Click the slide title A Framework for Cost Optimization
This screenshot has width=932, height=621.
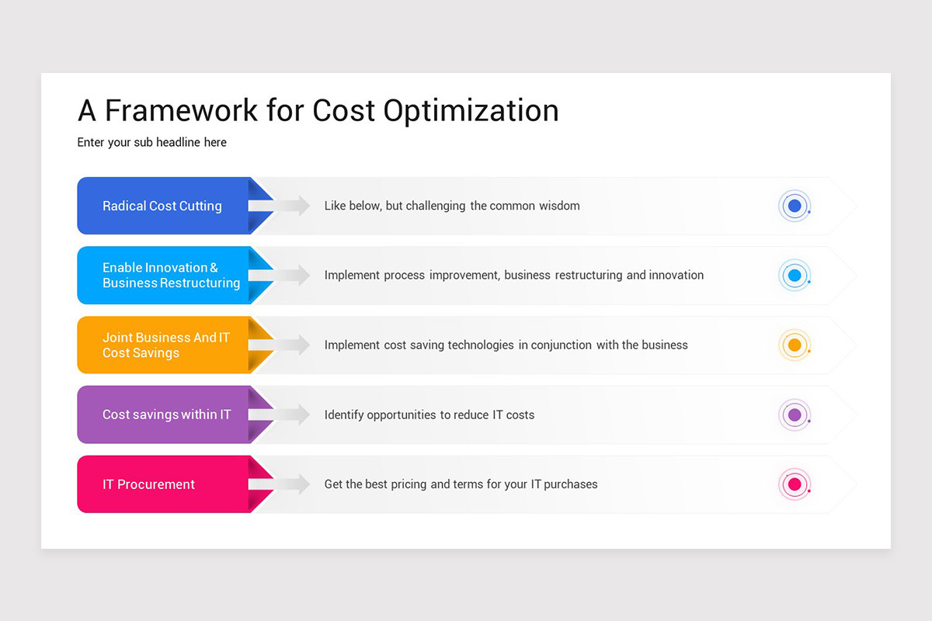click(x=318, y=111)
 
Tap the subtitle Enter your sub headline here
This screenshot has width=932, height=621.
click(x=152, y=142)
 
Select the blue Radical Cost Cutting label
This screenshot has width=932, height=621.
click(x=162, y=206)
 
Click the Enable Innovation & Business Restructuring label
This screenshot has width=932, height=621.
click(x=171, y=276)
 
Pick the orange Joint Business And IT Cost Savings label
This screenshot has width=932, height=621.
click(x=166, y=345)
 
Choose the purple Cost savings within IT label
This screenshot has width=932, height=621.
click(x=166, y=415)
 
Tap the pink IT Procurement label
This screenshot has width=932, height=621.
click(x=149, y=484)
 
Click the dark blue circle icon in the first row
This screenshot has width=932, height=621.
click(x=794, y=206)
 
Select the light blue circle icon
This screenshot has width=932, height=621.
click(x=794, y=276)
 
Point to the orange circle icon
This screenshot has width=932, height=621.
click(x=794, y=345)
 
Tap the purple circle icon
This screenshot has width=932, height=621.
click(x=794, y=415)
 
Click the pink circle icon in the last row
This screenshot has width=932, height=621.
click(x=794, y=484)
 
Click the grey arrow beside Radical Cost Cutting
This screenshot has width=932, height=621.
click(x=281, y=206)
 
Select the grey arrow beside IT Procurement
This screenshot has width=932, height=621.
click(x=281, y=484)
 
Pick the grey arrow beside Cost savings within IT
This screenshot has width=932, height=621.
click(x=281, y=415)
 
